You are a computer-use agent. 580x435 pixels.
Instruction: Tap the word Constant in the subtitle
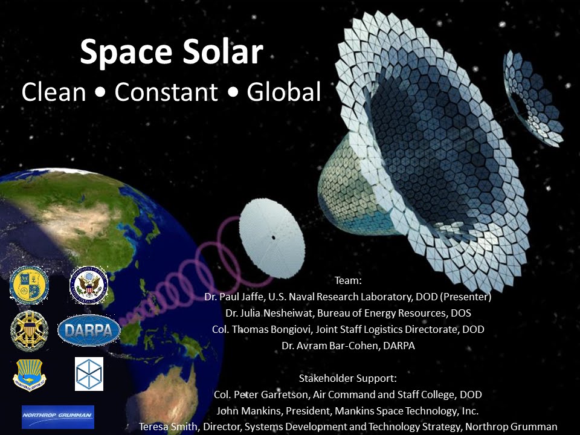(166, 92)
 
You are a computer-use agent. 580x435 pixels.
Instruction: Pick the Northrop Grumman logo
(58, 416)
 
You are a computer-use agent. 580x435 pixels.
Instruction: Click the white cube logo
(89, 373)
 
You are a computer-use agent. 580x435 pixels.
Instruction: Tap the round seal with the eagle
(89, 285)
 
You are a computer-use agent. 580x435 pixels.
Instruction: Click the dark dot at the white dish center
(273, 237)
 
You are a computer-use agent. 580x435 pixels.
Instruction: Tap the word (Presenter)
(464, 297)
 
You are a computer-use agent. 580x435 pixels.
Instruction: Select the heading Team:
(347, 281)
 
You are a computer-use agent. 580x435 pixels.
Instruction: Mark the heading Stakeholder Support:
(347, 379)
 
